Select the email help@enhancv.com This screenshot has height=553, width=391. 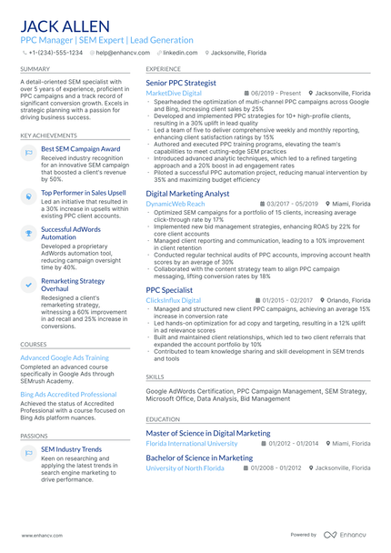[x=123, y=53]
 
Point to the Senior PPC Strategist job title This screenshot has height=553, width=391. [x=181, y=83]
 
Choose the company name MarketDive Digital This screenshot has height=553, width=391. [x=174, y=93]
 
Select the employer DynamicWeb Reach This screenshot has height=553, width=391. [x=175, y=204]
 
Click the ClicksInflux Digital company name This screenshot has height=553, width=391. [x=173, y=299]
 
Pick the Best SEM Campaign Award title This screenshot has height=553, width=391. [x=80, y=148]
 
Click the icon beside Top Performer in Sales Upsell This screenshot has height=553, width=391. [x=28, y=195]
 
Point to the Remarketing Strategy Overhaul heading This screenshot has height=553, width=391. [x=73, y=286]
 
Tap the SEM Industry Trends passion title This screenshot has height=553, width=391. [x=71, y=449]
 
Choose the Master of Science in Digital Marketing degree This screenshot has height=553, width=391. [x=207, y=434]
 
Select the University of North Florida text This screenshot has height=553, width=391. [x=185, y=468]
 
